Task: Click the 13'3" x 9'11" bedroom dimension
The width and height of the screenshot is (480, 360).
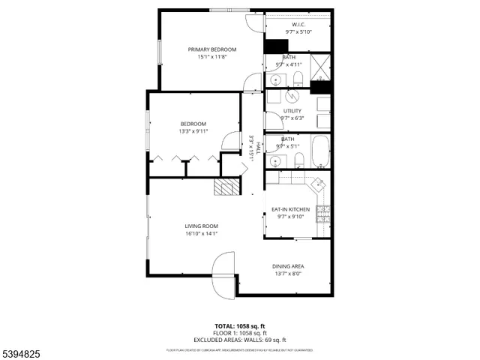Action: point(193,131)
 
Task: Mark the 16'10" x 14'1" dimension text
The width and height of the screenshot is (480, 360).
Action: point(201,233)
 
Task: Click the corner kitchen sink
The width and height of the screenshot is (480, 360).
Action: point(318,184)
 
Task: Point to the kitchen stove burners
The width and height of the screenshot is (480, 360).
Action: point(323,214)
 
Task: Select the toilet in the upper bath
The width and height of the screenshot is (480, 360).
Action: point(298,79)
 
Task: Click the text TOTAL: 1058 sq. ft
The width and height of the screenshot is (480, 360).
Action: point(239,326)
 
